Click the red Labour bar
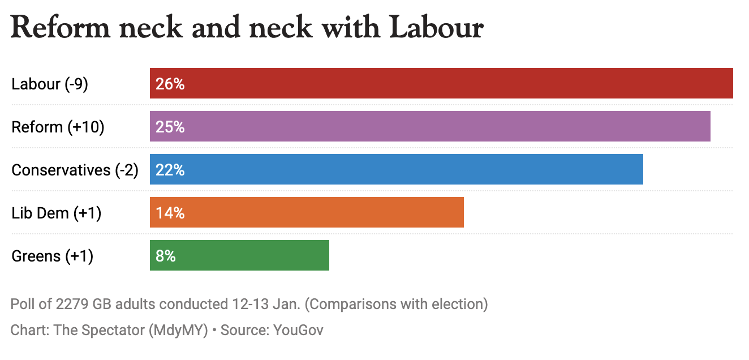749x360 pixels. coord(441,83)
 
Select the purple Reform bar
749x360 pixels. coord(430,126)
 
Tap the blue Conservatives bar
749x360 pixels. coord(396,169)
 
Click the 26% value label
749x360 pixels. coord(170,84)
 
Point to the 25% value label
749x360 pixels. coord(170,127)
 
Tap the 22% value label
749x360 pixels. coord(170,170)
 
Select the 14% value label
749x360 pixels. coord(170,213)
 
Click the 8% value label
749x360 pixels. coord(166,256)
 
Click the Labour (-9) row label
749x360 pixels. coord(50,84)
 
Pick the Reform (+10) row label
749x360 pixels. coord(58,127)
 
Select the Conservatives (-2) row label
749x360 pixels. coord(75,170)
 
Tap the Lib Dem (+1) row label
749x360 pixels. coord(56,213)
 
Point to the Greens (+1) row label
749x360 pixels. coord(52,256)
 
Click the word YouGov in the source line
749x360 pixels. coord(298,330)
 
